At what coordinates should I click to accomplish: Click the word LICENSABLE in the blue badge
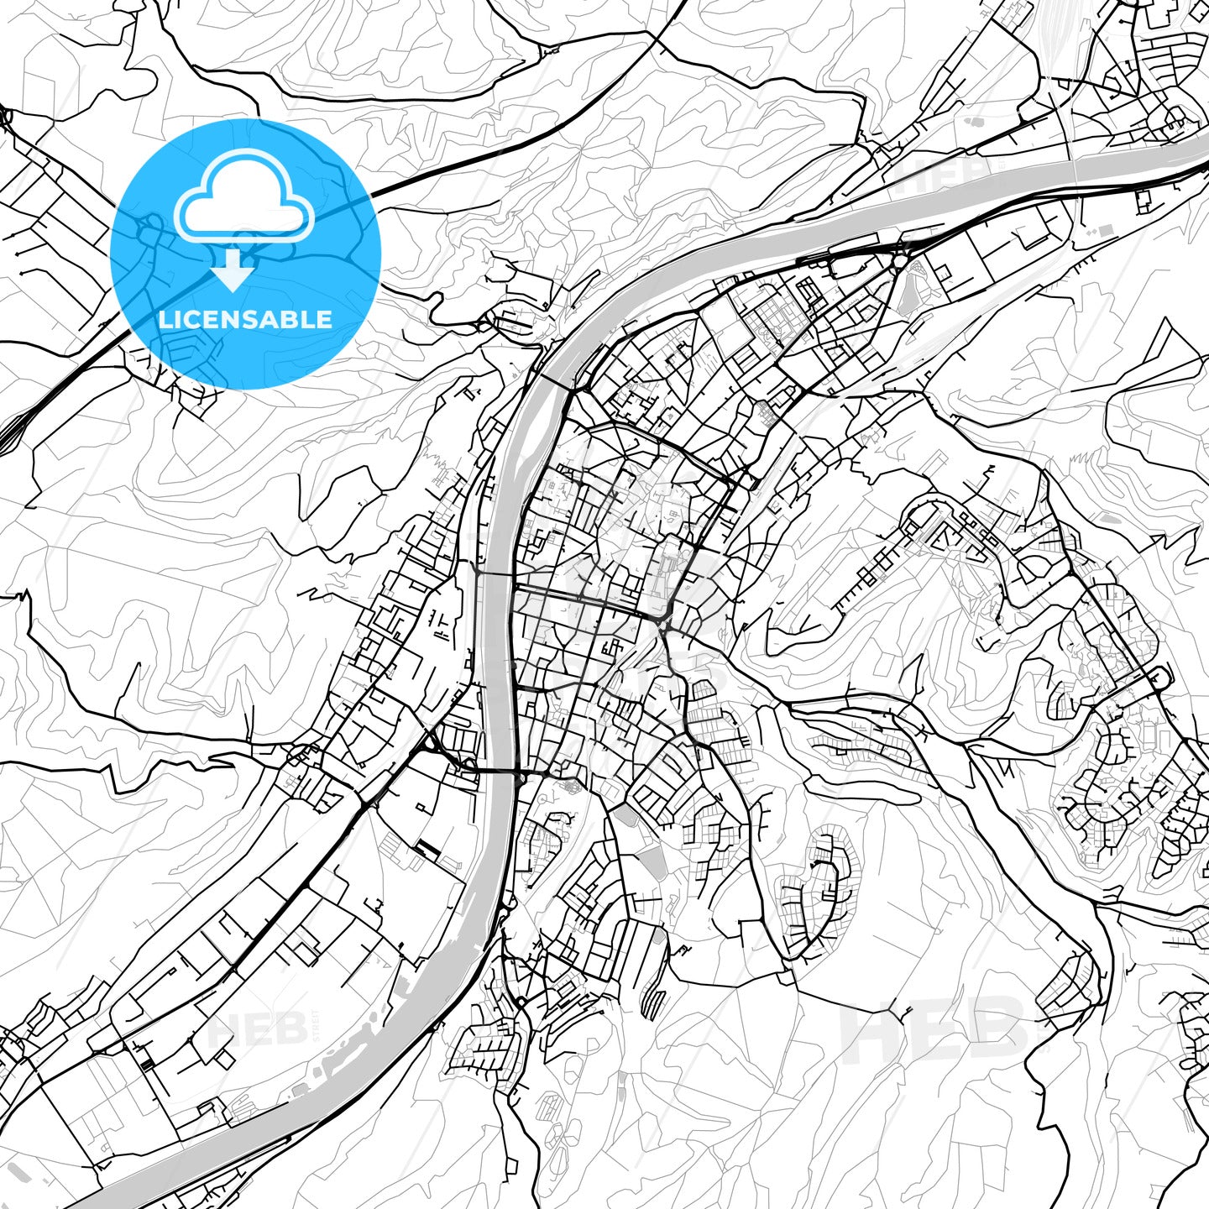pos(245,319)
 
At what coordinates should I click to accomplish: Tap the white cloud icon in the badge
pos(243,198)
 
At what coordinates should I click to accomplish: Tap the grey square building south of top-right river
pos(1106,229)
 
